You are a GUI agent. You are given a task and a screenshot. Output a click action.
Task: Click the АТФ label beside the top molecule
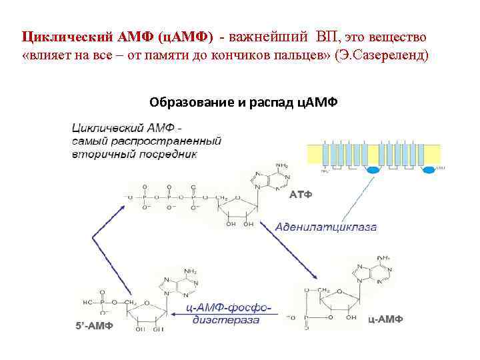pyautogui.click(x=301, y=195)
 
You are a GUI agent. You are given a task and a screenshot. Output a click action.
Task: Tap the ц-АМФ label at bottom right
pyautogui.click(x=385, y=319)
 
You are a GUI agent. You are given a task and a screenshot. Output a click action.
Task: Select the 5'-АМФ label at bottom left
pyautogui.click(x=91, y=325)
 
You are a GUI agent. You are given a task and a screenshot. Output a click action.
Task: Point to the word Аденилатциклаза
pyautogui.click(x=326, y=227)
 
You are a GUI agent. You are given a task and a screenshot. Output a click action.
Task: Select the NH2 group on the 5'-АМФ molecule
pyautogui.click(x=189, y=271)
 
